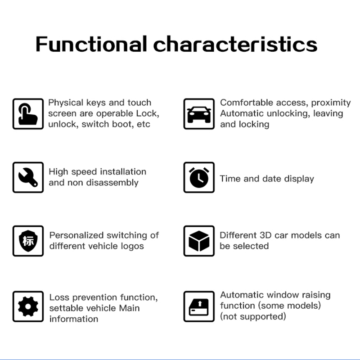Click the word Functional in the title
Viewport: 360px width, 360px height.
pyautogui.click(x=91, y=44)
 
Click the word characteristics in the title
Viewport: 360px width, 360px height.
pyautogui.click(x=235, y=44)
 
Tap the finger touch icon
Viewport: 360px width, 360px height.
pyautogui.click(x=28, y=114)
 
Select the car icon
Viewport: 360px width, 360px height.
pyautogui.click(x=199, y=114)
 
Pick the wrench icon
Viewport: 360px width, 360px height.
pyautogui.click(x=28, y=177)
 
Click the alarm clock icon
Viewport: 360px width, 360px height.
pyautogui.click(x=199, y=177)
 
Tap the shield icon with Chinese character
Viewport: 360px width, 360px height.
pyautogui.click(x=28, y=241)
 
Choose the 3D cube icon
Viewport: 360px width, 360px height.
pyautogui.click(x=199, y=241)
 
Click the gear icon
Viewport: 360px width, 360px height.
pyautogui.click(x=28, y=306)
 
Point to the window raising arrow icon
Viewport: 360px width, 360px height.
pyautogui.click(x=199, y=306)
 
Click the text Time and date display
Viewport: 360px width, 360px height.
pyautogui.click(x=267, y=179)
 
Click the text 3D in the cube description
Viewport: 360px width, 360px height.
pyautogui.click(x=265, y=235)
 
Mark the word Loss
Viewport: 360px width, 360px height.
pyautogui.click(x=59, y=297)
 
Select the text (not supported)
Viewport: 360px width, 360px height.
pyautogui.click(x=253, y=316)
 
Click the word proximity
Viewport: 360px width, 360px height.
pyautogui.click(x=331, y=103)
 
